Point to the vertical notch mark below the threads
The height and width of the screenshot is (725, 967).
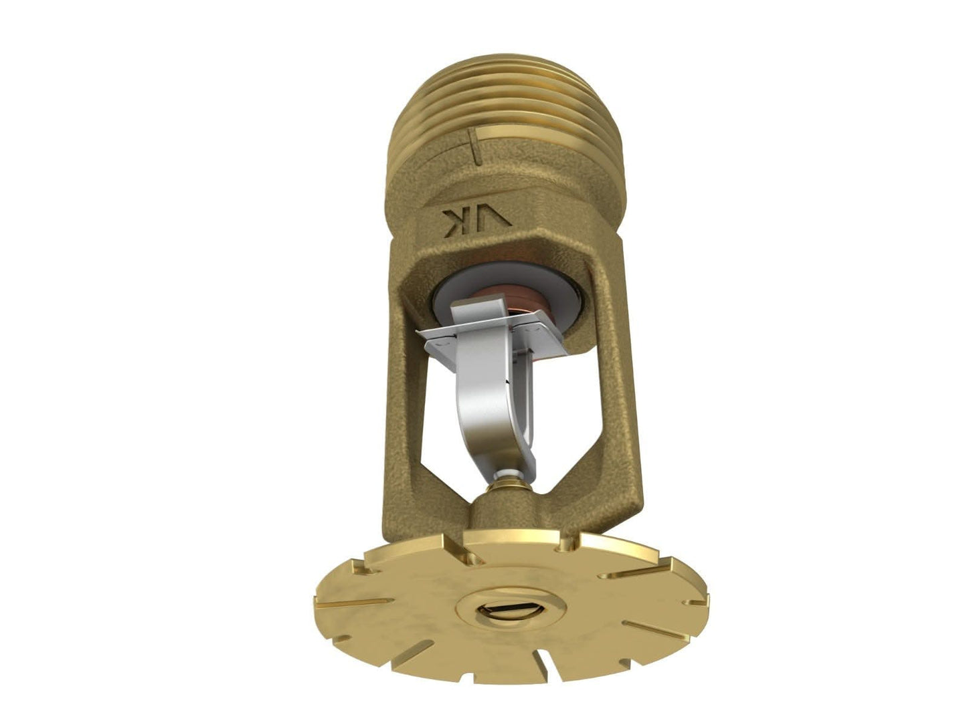click(x=474, y=147)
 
